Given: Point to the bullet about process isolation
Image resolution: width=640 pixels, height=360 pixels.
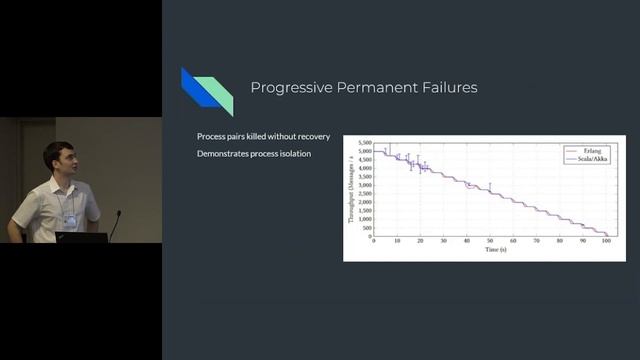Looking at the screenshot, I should pos(254,153).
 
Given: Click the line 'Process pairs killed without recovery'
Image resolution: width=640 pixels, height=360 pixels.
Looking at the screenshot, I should pos(264,135).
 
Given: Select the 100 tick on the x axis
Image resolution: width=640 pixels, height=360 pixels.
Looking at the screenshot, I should pos(606,241).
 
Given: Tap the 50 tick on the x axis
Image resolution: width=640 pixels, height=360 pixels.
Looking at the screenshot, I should pos(490,241).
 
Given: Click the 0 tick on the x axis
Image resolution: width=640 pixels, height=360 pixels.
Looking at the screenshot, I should pos(373,241).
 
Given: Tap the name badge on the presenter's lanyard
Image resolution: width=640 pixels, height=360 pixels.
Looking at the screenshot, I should pos(71,219).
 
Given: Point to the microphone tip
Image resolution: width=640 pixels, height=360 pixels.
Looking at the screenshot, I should pos(118,213).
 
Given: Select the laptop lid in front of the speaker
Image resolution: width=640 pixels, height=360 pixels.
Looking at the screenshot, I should pos(82,238).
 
